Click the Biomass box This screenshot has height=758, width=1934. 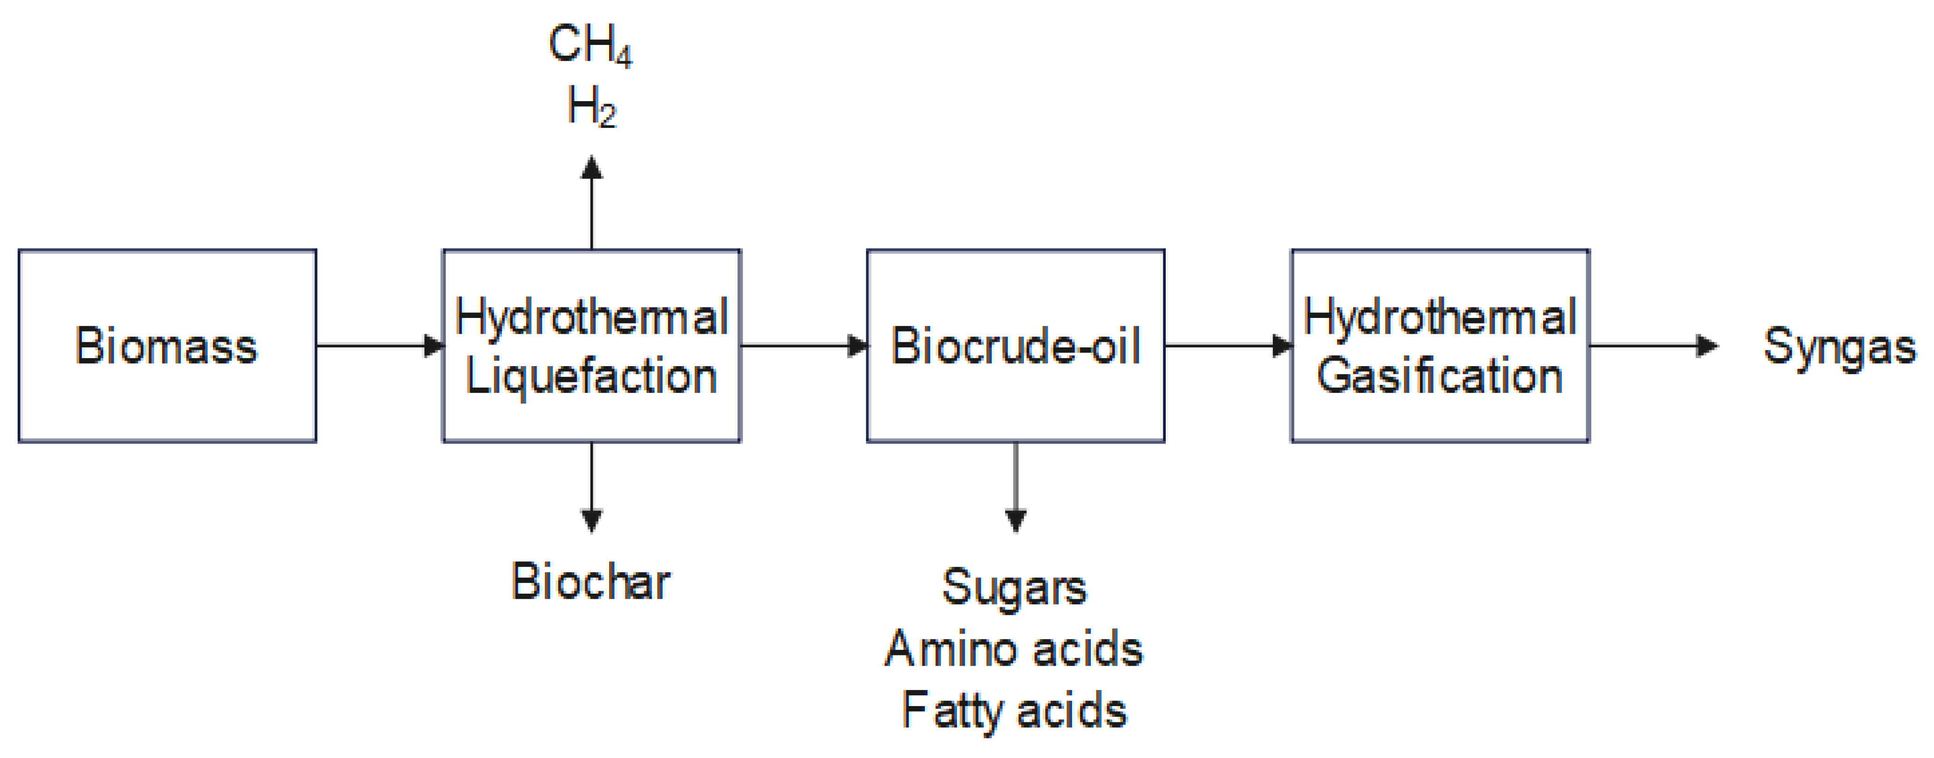167,346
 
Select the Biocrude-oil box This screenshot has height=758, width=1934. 1015,346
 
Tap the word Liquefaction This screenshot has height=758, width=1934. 592,376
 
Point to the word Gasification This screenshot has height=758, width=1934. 1439,376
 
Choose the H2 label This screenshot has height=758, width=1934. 592,107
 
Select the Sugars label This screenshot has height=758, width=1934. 1015,587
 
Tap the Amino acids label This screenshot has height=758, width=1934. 1015,649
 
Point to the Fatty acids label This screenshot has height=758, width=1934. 1015,711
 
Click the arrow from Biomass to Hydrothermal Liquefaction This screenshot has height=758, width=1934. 379,346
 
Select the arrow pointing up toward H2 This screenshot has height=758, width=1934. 592,203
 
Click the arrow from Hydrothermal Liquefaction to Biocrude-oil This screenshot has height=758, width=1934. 803,346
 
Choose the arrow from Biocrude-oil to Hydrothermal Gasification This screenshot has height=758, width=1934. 1228,346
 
